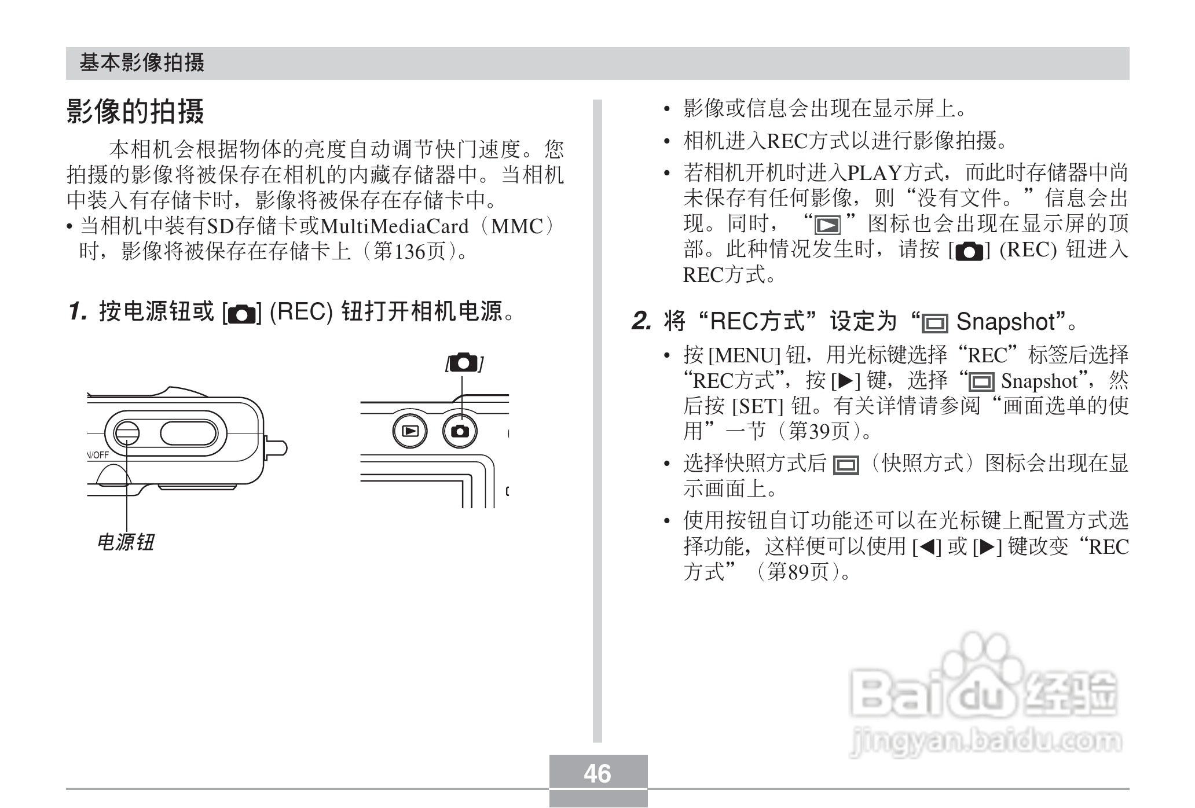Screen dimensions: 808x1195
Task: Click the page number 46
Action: pos(597,773)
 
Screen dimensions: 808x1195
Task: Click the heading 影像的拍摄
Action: pos(135,111)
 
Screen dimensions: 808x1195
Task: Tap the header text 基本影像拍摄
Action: pos(142,63)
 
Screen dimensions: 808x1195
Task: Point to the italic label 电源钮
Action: pos(125,542)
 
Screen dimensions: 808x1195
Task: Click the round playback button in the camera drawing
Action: pos(410,431)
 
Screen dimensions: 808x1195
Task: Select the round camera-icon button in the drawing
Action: pos(461,431)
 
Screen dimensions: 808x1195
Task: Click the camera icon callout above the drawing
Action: pos(464,363)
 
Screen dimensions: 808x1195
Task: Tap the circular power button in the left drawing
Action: pos(126,433)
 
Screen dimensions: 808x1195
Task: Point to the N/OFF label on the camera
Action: pos(98,455)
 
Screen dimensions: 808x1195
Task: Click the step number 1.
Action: pos(78,312)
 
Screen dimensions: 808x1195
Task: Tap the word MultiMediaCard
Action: pos(394,226)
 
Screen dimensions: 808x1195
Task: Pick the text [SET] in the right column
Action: pos(757,406)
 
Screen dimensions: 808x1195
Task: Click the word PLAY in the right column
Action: pos(874,172)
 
